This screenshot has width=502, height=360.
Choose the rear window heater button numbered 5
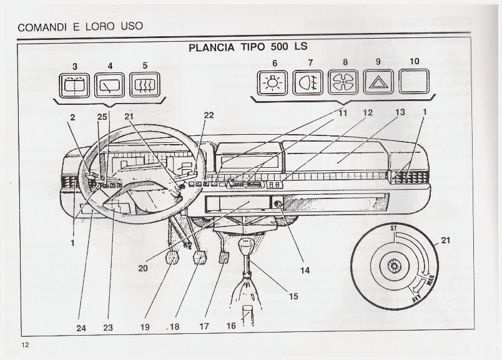(145, 84)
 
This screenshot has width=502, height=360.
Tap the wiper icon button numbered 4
(110, 84)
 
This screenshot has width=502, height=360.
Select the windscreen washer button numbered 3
(74, 84)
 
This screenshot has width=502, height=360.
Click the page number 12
(25, 345)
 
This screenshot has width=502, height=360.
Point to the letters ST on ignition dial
(393, 228)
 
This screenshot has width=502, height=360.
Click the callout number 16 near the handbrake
(231, 326)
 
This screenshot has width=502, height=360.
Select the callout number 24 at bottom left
(82, 327)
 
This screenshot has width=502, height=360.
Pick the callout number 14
(305, 270)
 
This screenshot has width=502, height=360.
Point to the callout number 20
(143, 268)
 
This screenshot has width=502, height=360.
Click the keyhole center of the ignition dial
(393, 266)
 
